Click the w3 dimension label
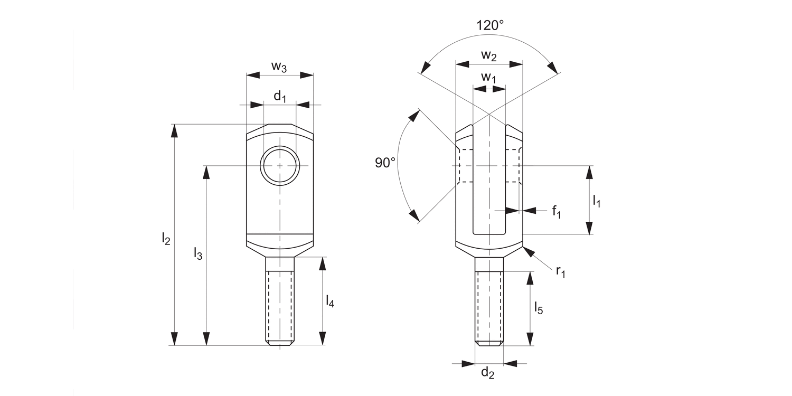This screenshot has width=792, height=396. [x=279, y=67]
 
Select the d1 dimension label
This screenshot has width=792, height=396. [x=279, y=97]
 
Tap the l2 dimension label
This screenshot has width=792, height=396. [x=166, y=239]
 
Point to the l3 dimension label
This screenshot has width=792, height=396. [x=197, y=253]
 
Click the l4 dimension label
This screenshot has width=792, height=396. [x=330, y=301]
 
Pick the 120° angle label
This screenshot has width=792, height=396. [x=490, y=25]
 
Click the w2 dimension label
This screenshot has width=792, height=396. [x=489, y=55]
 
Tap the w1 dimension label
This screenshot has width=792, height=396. [x=489, y=78]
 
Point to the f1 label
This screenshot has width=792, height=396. [x=557, y=212]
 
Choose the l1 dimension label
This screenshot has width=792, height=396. [x=597, y=201]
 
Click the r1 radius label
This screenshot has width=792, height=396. [x=560, y=271]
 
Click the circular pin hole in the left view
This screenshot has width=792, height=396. [x=280, y=165]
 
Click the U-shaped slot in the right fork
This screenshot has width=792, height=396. [x=489, y=185]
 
